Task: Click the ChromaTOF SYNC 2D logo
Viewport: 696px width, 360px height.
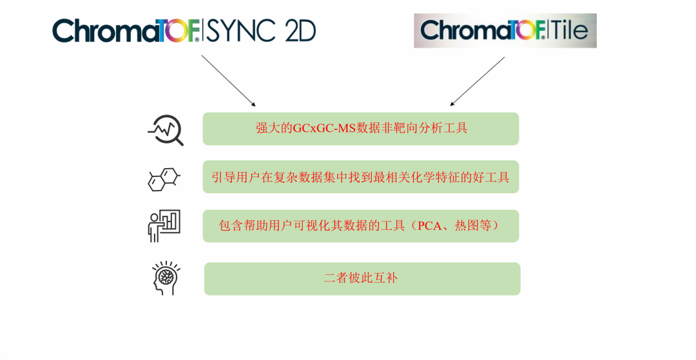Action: pyautogui.click(x=184, y=31)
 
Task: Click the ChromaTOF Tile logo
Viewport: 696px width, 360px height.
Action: pyautogui.click(x=505, y=31)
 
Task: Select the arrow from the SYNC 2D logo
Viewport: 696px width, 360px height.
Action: pyautogui.click(x=228, y=81)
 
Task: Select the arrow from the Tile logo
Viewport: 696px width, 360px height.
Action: pyautogui.click(x=477, y=81)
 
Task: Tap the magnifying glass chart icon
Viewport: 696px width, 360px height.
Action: pyautogui.click(x=166, y=130)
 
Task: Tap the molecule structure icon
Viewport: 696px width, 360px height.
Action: pyautogui.click(x=164, y=179)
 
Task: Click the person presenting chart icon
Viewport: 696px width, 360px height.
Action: pyautogui.click(x=164, y=226)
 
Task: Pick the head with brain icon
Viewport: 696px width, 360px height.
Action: pyautogui.click(x=166, y=278)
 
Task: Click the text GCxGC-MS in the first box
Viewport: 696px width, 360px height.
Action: pyautogui.click(x=324, y=128)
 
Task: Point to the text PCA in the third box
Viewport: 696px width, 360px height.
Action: pyautogui.click(x=430, y=225)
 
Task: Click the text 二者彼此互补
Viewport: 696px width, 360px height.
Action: pyautogui.click(x=361, y=278)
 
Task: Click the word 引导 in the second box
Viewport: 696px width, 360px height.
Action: pyautogui.click(x=223, y=177)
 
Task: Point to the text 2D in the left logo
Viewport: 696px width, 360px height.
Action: pyautogui.click(x=300, y=31)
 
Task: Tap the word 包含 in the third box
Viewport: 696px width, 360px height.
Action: pyautogui.click(x=231, y=225)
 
